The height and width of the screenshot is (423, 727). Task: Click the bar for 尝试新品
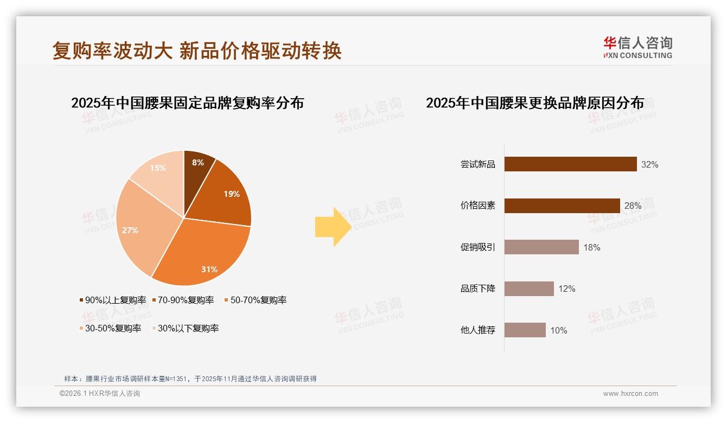(570, 164)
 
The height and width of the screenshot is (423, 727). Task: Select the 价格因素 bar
(562, 206)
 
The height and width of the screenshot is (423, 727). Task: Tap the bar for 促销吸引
(541, 247)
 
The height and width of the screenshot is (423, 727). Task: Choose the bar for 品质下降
(529, 289)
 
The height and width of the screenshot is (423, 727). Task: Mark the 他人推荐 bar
(525, 330)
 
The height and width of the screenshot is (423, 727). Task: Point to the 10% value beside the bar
(558, 330)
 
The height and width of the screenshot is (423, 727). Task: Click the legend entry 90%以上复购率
(113, 300)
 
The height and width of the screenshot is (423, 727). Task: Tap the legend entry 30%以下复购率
(184, 328)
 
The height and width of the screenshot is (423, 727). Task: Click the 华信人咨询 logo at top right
(637, 48)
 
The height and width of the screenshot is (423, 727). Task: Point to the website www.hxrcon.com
(630, 394)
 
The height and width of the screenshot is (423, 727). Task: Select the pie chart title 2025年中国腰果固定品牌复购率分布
(188, 103)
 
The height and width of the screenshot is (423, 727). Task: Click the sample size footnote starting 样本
(190, 379)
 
